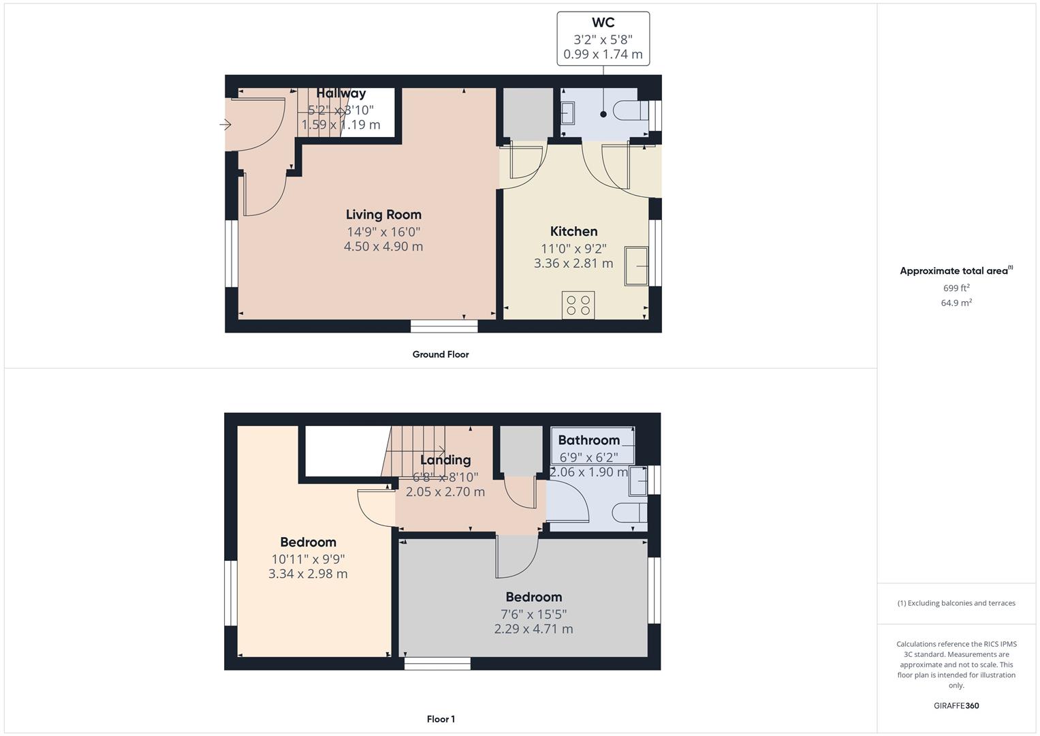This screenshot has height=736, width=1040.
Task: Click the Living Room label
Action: click(383, 215)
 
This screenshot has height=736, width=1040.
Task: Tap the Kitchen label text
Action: click(573, 232)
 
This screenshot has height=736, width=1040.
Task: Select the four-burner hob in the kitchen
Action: click(578, 305)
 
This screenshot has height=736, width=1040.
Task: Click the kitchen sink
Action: click(636, 266)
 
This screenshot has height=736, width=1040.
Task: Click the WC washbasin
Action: click(567, 112)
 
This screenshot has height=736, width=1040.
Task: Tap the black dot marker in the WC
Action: click(603, 114)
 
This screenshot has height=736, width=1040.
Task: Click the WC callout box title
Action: click(603, 22)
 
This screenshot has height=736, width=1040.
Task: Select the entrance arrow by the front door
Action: click(225, 125)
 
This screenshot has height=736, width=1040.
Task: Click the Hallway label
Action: click(341, 93)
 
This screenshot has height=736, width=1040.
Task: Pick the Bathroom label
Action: click(588, 440)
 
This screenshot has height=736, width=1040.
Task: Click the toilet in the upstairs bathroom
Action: click(629, 513)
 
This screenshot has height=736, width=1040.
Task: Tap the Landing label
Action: click(445, 460)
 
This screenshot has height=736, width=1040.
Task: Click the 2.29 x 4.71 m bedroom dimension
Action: click(533, 629)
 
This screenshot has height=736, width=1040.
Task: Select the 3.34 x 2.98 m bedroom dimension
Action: click(308, 574)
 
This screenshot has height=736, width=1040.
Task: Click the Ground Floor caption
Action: click(441, 354)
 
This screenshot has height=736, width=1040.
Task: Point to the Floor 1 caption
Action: click(441, 719)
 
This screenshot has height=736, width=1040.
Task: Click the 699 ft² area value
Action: click(956, 288)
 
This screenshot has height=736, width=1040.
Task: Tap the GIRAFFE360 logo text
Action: click(956, 706)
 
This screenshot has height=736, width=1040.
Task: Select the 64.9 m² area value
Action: click(956, 303)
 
